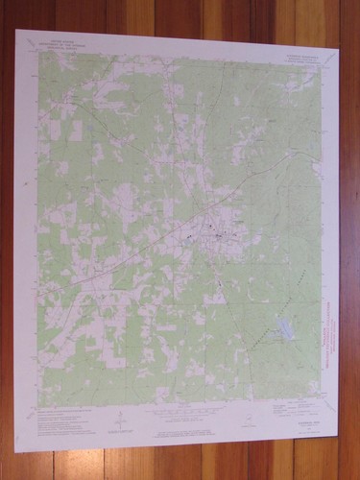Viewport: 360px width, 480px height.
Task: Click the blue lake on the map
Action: point(284,331)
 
